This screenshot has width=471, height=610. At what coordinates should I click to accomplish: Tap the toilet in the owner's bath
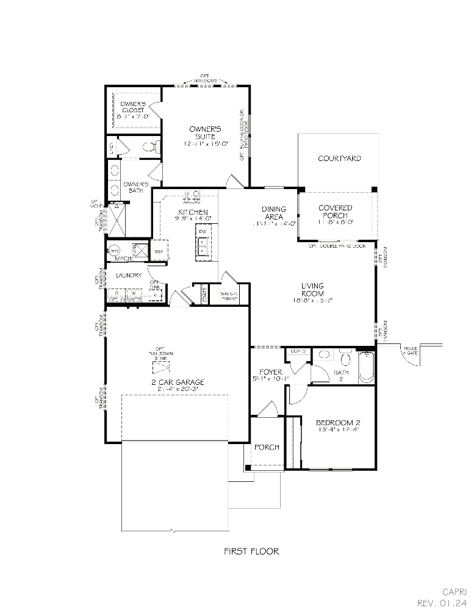coord(151,146)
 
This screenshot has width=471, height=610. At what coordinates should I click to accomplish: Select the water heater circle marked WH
coord(114,251)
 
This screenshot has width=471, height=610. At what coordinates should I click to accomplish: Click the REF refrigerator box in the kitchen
coord(159,251)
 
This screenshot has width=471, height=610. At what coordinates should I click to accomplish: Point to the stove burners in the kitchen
coord(192,196)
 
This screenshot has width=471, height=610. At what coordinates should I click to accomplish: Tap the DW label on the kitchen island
coord(202,232)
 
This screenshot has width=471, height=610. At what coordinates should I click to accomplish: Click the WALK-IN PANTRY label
coord(228,295)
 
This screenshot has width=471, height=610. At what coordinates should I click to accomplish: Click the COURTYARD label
coord(339,159)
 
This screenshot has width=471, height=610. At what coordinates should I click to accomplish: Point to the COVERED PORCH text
coord(335,212)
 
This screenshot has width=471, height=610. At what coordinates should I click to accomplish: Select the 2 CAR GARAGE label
coord(178,382)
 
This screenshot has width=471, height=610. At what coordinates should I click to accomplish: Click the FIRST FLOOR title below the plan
coord(251,551)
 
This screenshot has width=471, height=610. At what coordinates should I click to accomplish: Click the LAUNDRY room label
coord(128,275)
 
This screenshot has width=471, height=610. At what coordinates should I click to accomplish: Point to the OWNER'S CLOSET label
coord(132,107)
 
